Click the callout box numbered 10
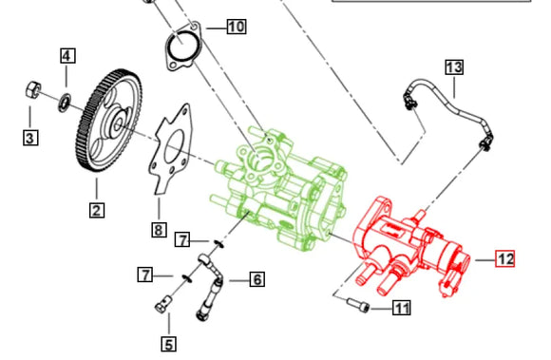[x=237, y=27]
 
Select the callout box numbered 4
[x=67, y=55]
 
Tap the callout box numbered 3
[x=30, y=138]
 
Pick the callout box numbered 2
[x=97, y=210]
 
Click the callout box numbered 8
[x=159, y=230]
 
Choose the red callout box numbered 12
[x=505, y=259]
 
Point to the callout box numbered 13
[x=454, y=67]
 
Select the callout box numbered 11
[x=402, y=308]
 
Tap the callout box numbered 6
[x=257, y=279]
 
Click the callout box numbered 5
[x=169, y=344]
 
